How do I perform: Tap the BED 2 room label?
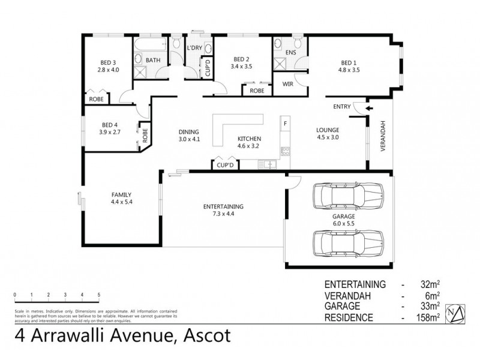(241, 59)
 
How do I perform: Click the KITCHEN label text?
(248, 139)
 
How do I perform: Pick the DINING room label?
(188, 132)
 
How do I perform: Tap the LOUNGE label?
(328, 130)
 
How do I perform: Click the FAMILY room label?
(121, 194)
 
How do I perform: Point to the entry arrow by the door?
(369, 109)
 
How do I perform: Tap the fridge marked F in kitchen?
(286, 124)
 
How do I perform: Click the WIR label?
(287, 84)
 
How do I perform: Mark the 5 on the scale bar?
(99, 295)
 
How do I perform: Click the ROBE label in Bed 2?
(257, 91)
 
